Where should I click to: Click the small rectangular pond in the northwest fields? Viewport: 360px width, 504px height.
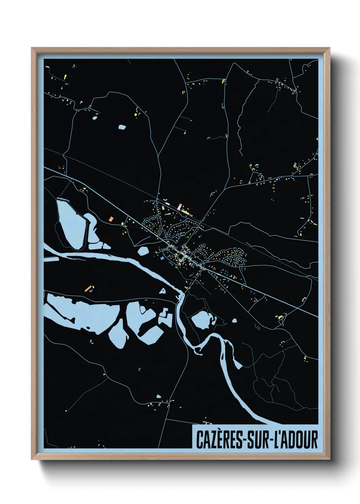point(122,127)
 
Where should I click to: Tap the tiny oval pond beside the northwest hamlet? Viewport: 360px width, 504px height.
point(95,118)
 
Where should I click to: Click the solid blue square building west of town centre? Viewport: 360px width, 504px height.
point(162,258)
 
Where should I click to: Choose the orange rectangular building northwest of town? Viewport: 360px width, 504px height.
point(111,218)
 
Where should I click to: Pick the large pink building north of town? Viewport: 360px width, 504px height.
point(180,206)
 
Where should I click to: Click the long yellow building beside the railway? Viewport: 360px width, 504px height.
point(187,212)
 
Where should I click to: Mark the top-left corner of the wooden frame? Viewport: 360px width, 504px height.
point(32,48)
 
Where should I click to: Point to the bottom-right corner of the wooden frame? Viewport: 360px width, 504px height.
point(330,459)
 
